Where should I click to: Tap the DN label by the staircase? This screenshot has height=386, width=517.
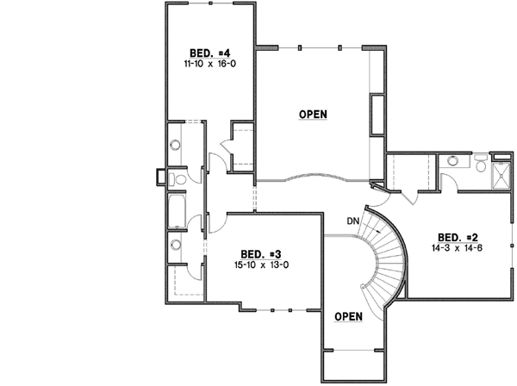[x=353, y=221]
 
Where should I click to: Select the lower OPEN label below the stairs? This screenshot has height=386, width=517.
[x=348, y=316]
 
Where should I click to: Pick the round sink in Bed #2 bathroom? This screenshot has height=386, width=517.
[x=452, y=160]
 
